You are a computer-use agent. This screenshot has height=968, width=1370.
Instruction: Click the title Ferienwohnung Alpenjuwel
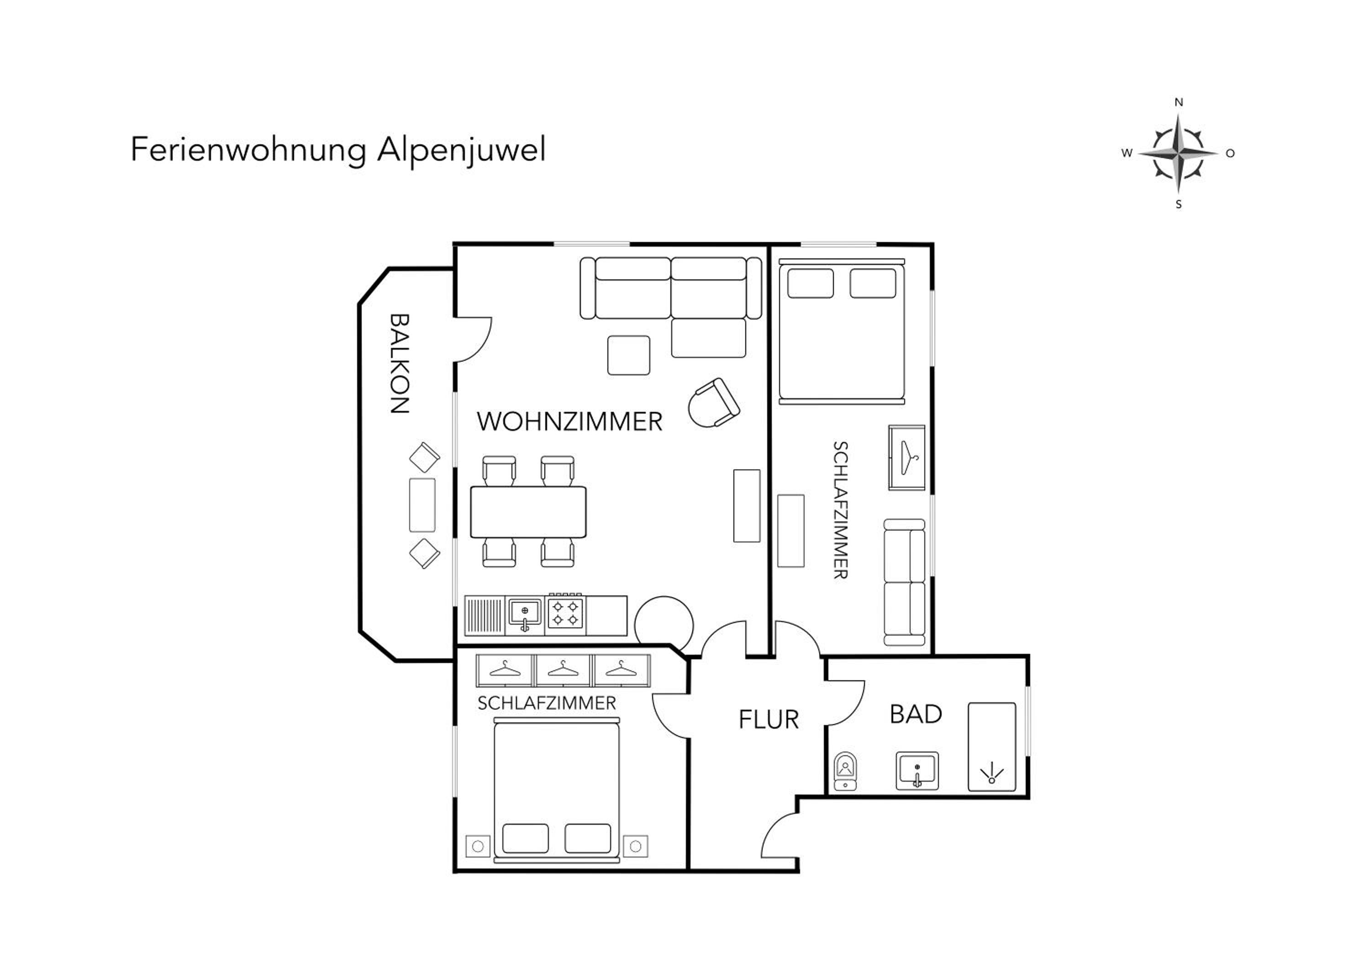(x=338, y=150)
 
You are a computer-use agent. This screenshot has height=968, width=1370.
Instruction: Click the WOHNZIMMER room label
(x=569, y=421)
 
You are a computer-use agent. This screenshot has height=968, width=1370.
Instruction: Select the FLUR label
(x=769, y=720)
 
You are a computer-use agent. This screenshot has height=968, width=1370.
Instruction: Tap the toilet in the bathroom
(x=845, y=771)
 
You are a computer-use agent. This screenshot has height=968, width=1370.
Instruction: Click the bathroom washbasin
(x=917, y=771)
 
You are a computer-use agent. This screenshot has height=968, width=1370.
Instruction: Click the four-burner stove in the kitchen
(x=564, y=614)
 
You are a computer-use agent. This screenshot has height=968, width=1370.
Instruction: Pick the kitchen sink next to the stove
(x=525, y=614)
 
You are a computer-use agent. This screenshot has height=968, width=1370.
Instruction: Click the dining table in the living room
(x=528, y=512)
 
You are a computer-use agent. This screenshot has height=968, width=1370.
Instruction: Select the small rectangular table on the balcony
(x=422, y=505)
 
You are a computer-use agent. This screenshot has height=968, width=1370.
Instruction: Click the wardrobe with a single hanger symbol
(x=906, y=458)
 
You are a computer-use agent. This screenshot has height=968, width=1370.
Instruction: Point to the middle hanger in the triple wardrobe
(x=563, y=670)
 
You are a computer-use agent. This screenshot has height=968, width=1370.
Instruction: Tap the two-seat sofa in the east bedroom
(x=904, y=582)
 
